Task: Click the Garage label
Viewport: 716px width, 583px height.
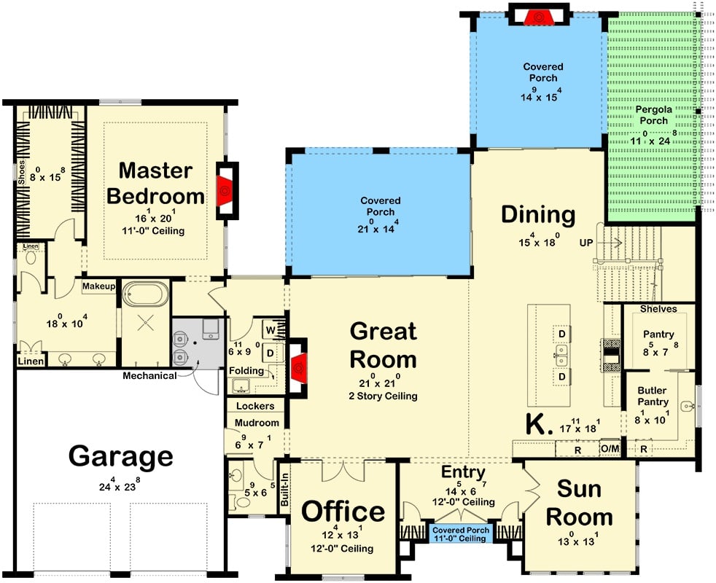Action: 121,457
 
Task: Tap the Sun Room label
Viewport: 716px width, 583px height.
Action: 580,502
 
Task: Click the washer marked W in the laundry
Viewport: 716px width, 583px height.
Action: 271,330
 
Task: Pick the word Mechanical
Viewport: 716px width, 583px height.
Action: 149,376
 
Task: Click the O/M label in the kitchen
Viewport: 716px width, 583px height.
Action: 610,448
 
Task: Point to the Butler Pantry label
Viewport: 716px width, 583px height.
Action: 653,396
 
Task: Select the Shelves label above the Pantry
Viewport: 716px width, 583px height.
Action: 658,309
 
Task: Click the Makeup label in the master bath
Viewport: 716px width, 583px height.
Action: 99,286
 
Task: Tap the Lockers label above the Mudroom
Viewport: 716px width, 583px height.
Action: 256,406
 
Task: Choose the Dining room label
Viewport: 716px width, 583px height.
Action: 538,215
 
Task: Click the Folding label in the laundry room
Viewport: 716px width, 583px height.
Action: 246,371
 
